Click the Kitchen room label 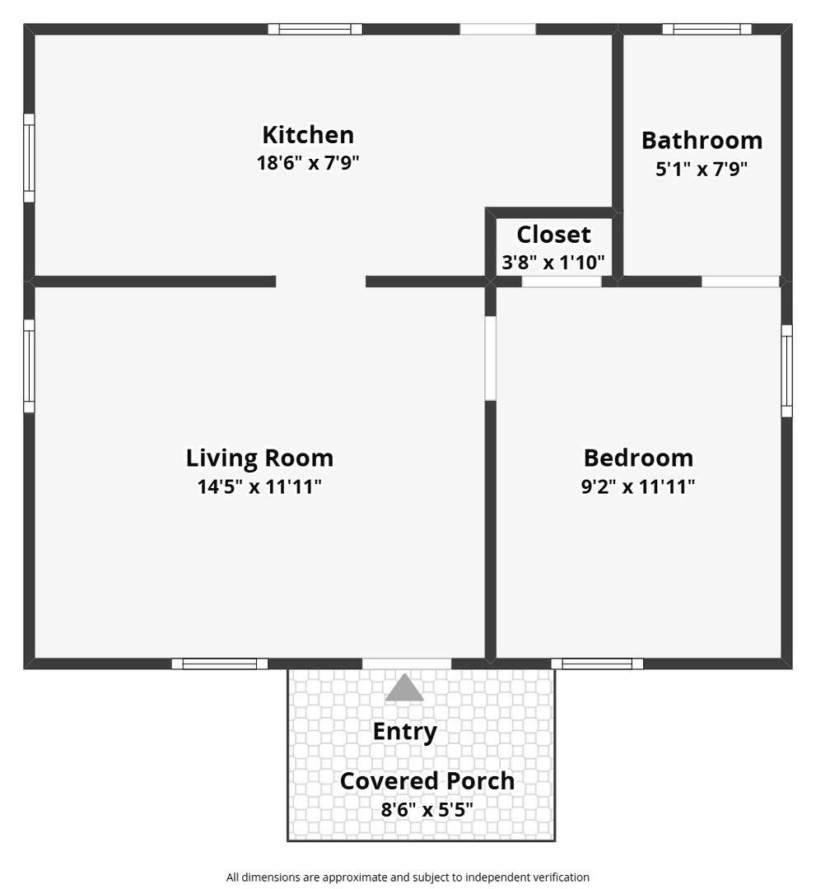[x=308, y=135]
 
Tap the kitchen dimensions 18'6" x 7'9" [x=308, y=163]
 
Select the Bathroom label [x=702, y=141]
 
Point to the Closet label [x=553, y=235]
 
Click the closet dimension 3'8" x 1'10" [x=553, y=263]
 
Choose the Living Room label [x=259, y=458]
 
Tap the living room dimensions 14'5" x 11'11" [x=259, y=486]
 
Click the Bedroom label [x=638, y=458]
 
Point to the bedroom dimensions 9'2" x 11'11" [x=638, y=486]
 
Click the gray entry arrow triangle [x=404, y=687]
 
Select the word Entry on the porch [x=405, y=733]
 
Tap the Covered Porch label [x=427, y=781]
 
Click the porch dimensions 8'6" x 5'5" [x=427, y=809]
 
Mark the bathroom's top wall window [x=707, y=29]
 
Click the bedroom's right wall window [x=786, y=370]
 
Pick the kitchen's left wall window [x=29, y=157]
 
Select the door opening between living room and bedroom [x=491, y=358]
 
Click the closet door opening [x=562, y=282]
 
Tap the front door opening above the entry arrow [x=407, y=663]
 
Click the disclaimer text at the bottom [x=408, y=877]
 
